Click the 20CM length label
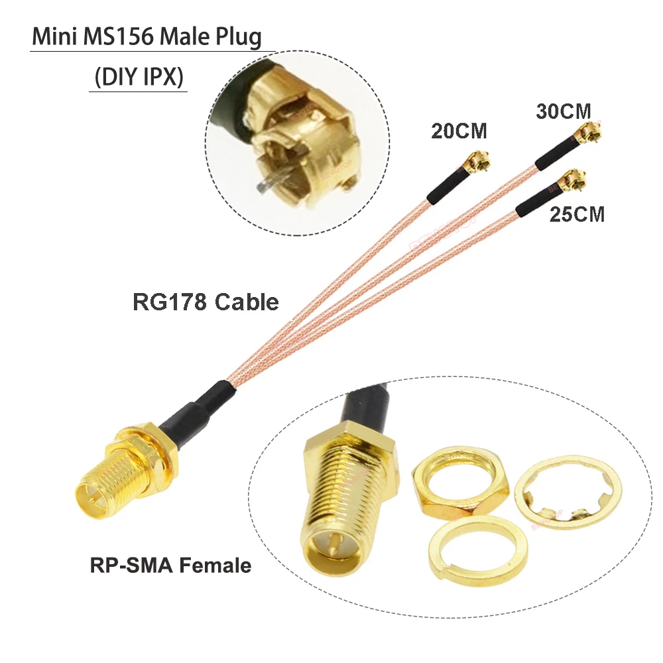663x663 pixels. pos(459,131)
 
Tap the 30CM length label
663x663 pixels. pos(563,111)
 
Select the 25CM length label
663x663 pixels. pos(577,214)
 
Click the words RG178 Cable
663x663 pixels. pos(206,302)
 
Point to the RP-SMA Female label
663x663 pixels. pos(170,566)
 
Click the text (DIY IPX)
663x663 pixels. pos(138,78)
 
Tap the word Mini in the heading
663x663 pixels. pos(56,37)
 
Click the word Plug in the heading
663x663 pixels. pos(238,37)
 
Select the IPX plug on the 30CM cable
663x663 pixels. pos(587,135)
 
